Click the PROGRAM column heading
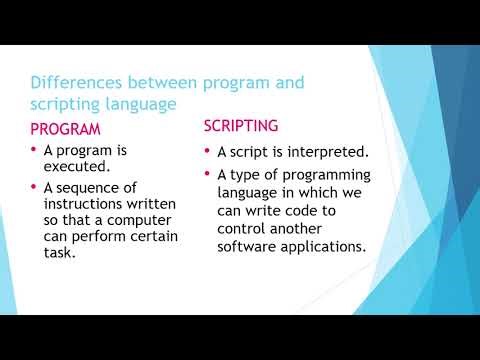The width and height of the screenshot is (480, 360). (x=66, y=130)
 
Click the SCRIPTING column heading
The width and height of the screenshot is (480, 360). (x=243, y=126)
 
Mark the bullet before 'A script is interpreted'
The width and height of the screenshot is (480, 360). (x=207, y=151)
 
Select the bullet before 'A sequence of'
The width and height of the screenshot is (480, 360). (x=37, y=187)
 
